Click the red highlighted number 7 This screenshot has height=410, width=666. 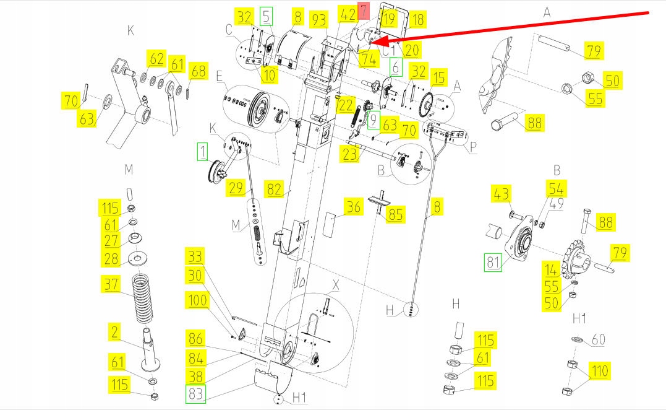tap(364, 11)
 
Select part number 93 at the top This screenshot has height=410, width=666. tap(319, 19)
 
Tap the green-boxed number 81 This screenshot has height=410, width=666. tap(492, 263)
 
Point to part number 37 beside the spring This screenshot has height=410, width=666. tap(111, 284)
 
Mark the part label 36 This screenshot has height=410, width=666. tap(353, 207)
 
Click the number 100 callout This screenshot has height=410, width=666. tap(197, 301)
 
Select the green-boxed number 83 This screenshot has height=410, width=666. tap(195, 394)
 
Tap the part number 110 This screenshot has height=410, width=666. tap(599, 372)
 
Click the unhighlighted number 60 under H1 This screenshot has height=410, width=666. tap(598, 340)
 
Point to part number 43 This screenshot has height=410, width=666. tap(501, 193)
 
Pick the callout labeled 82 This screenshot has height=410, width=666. tap(275, 189)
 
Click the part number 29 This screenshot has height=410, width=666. tap(236, 188)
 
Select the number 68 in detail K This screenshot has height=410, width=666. tap(198, 72)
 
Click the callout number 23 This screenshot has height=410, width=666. tap(350, 154)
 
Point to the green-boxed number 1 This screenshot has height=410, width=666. tap(202, 150)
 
